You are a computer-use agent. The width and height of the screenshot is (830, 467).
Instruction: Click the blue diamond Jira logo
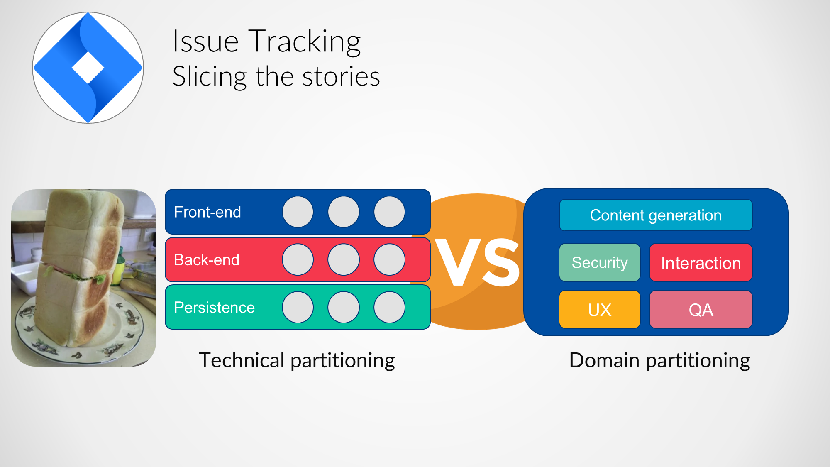88,68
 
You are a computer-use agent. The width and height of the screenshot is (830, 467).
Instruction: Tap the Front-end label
207,212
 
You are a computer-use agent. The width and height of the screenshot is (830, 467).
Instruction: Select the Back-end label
206,260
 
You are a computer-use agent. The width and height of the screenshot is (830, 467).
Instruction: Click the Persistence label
214,308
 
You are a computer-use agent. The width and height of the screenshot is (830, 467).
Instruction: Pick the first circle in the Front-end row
298,212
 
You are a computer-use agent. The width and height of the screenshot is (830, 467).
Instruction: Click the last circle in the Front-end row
389,212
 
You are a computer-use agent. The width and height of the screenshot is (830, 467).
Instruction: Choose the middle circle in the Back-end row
343,259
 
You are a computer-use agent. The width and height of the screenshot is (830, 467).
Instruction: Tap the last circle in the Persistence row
389,307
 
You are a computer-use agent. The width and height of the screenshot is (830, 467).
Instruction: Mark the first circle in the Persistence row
298,307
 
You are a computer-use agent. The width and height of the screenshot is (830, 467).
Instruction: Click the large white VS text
477,262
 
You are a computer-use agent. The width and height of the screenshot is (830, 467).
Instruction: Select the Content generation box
656,215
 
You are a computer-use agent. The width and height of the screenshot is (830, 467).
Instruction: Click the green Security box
600,262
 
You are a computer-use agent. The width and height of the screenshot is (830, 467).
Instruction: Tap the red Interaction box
701,263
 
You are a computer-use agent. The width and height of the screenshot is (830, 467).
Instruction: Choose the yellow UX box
600,310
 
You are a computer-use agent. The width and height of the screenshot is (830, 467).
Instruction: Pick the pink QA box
701,310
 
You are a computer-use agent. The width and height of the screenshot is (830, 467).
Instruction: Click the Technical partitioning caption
297,360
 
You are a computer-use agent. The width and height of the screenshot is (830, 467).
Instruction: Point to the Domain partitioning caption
659,360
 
